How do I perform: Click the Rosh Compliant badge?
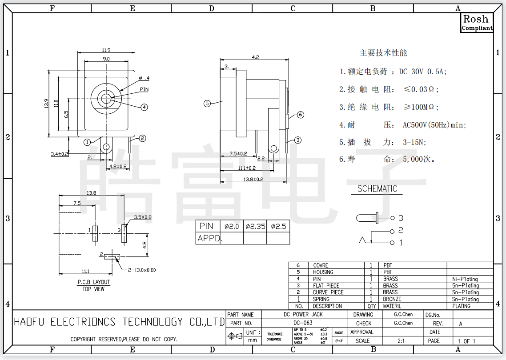tap(477, 23)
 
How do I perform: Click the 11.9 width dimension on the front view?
tap(106, 50)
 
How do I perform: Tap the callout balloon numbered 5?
tap(207, 104)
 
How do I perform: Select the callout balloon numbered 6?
tap(301, 115)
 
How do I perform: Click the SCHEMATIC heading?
tap(377, 188)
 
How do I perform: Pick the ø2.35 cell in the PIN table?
tap(255, 226)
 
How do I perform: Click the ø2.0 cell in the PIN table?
tap(232, 226)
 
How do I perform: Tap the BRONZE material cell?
tap(392, 299)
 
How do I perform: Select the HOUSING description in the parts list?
tap(323, 272)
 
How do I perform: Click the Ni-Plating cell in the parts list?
tap(465, 279)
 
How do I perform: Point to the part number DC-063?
tap(303, 323)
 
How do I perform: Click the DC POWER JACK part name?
tap(303, 314)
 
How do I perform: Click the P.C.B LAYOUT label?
tap(94, 282)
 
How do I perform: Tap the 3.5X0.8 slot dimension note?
tap(143, 218)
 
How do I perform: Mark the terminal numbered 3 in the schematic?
tap(400, 218)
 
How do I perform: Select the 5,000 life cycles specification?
tap(419, 159)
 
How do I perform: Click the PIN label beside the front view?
tap(144, 89)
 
